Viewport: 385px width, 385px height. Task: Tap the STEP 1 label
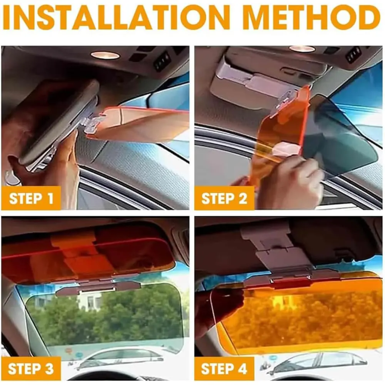coord(31,199)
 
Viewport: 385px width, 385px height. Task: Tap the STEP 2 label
coord(224,199)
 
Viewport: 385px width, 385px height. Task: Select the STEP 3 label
coord(31,369)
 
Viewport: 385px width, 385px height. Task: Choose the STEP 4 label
coord(224,369)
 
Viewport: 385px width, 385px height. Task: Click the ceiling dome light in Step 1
coord(105,55)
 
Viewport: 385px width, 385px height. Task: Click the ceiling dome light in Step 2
coord(302,49)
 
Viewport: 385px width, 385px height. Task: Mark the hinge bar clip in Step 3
coord(98,287)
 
